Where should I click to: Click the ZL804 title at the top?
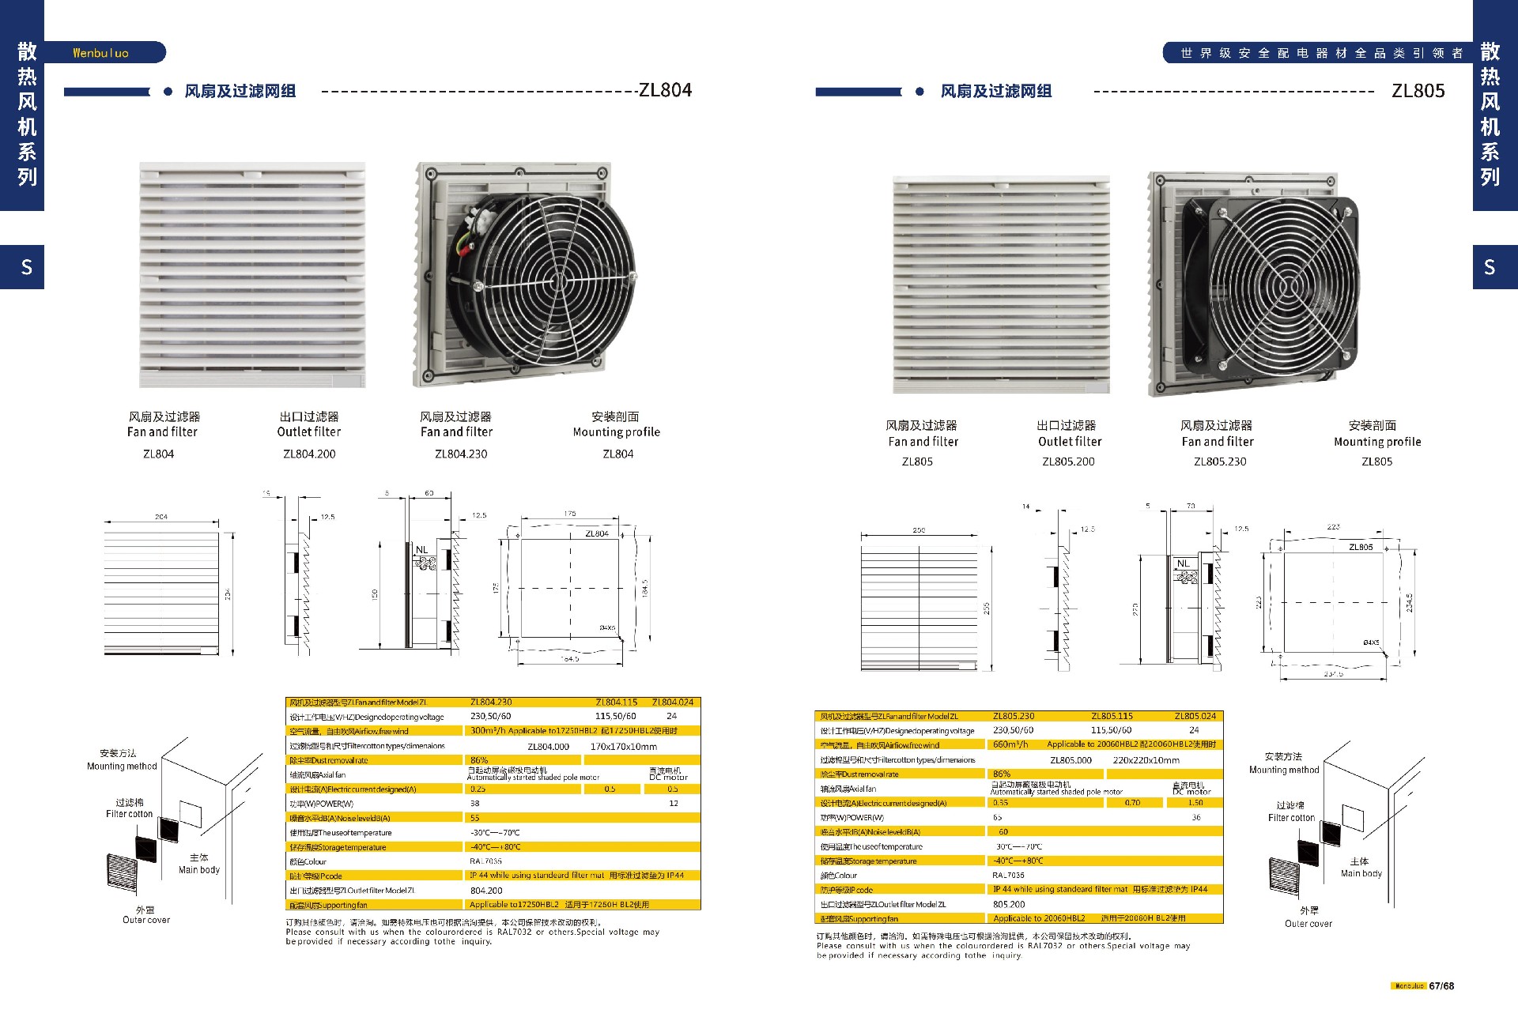pos(665,90)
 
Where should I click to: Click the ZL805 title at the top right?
pos(1418,91)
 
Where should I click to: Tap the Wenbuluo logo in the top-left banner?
pos(100,53)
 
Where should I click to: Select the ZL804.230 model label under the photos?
pos(461,454)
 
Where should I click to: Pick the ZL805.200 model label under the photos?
pos(1068,462)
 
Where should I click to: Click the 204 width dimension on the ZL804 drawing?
pos(161,517)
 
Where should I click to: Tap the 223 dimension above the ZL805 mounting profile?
pos(1333,526)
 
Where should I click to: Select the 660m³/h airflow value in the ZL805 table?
pos(1010,744)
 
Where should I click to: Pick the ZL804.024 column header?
pos(672,702)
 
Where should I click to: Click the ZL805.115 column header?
pos(1112,716)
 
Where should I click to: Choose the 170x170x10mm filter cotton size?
pos(623,747)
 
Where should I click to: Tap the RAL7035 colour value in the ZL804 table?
pos(485,861)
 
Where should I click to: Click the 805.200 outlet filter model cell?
pos(1009,904)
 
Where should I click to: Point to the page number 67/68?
pos(1441,986)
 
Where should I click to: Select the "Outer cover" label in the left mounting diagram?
pos(146,920)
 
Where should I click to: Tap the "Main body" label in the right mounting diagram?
pos(1361,873)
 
